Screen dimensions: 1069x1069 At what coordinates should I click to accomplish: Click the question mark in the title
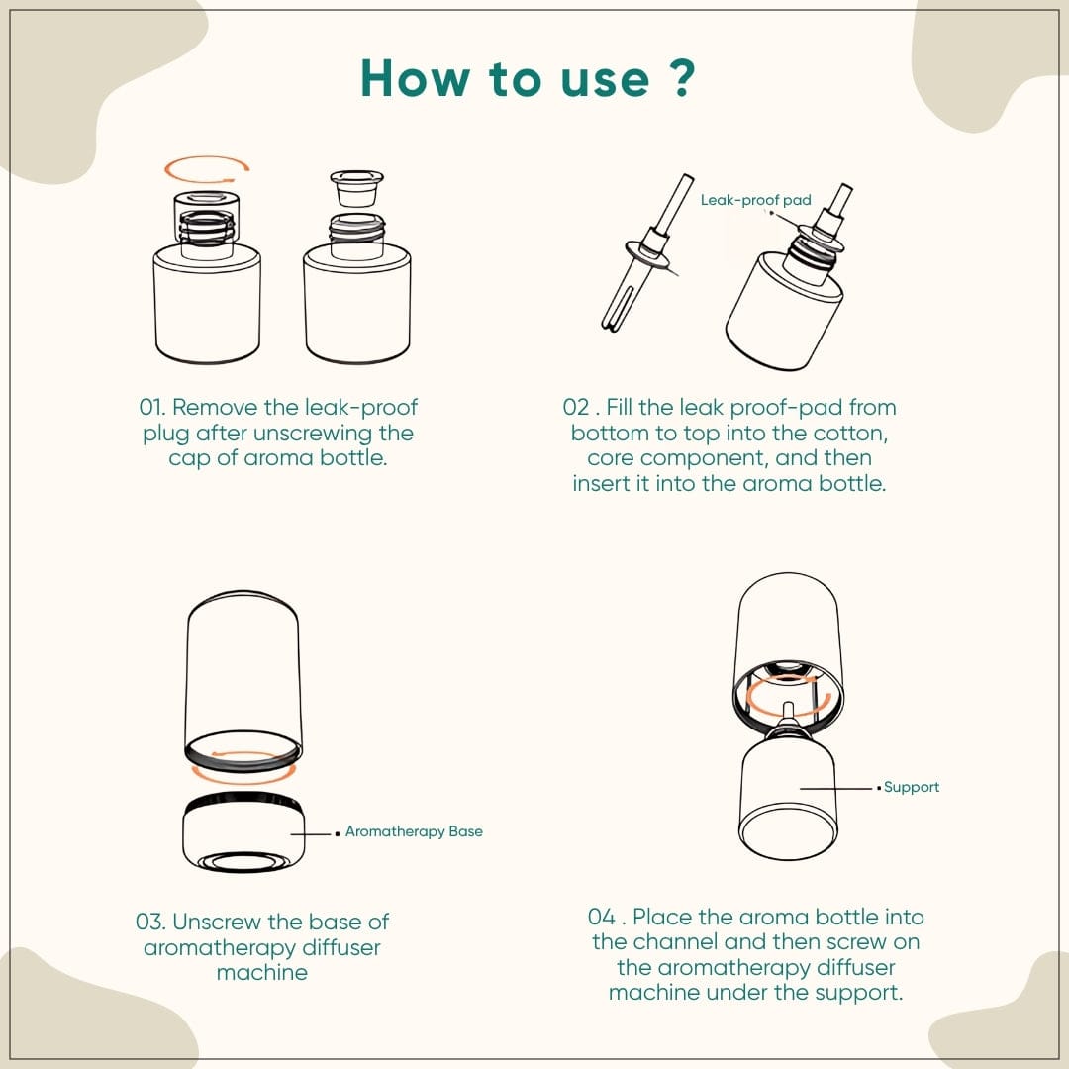[682, 77]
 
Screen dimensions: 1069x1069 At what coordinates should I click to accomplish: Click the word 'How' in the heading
[416, 78]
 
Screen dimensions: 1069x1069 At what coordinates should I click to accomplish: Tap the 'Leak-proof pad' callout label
[755, 200]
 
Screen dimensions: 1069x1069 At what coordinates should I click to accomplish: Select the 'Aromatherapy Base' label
[414, 831]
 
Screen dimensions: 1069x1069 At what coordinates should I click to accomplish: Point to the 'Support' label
[912, 787]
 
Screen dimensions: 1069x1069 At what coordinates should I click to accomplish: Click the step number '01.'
[152, 407]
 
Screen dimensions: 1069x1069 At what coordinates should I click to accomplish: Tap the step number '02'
[575, 407]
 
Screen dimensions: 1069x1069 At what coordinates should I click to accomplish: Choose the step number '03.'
[150, 922]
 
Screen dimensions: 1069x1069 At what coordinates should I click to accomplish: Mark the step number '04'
[602, 917]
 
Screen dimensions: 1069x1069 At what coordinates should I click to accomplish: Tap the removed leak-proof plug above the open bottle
[356, 187]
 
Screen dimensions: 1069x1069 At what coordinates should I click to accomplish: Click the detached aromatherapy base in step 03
[243, 833]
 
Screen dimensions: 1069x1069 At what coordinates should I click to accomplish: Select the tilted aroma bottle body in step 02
[784, 310]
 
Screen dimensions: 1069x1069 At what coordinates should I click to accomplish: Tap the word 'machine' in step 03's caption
[261, 973]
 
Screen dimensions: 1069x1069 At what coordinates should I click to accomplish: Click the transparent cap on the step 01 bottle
[207, 218]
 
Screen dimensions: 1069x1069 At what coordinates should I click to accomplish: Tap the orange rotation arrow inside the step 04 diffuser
[789, 697]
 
